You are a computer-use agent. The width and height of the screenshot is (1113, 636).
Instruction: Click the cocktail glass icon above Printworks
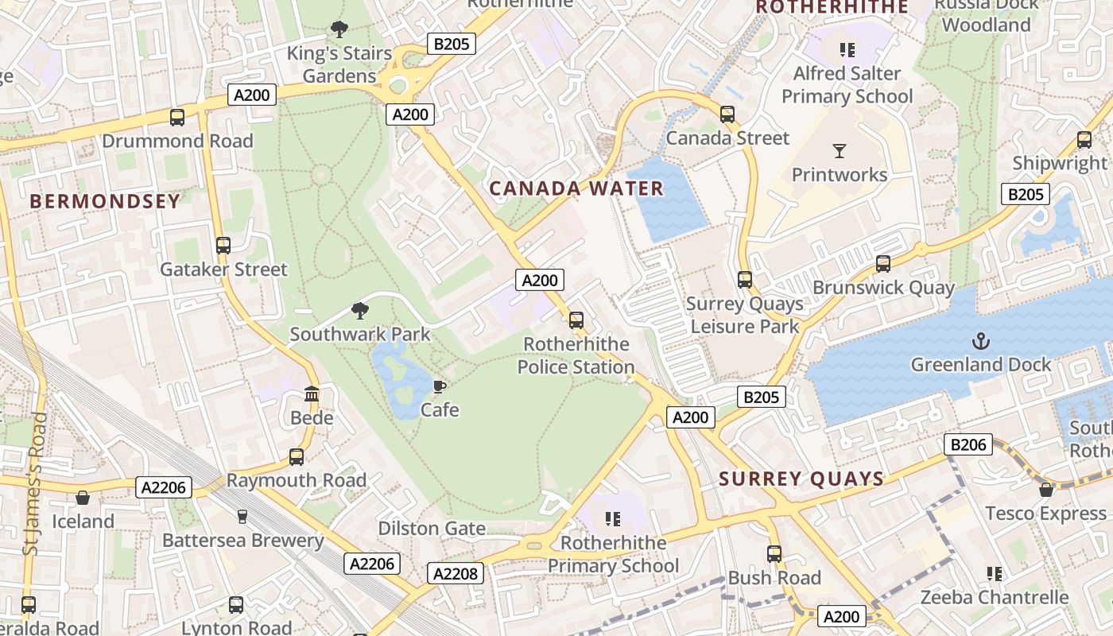(x=839, y=150)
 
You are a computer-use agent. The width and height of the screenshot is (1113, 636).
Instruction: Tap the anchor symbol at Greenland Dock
(x=981, y=341)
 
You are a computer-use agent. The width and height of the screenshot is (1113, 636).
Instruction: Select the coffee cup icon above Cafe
(x=439, y=386)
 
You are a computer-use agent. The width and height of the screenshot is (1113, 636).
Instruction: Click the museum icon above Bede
(x=312, y=394)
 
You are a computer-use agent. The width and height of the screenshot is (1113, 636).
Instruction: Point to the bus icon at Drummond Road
(x=177, y=118)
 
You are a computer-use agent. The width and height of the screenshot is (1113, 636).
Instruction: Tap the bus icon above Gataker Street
(x=223, y=246)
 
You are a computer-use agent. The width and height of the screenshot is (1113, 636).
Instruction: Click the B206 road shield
(x=968, y=444)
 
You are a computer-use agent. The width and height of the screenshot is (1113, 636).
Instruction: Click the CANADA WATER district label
(x=576, y=188)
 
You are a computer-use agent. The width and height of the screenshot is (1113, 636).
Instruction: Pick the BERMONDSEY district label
(x=105, y=201)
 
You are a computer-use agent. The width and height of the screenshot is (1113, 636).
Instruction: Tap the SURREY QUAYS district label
(x=801, y=479)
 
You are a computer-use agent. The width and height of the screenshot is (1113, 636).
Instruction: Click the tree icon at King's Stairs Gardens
(x=339, y=30)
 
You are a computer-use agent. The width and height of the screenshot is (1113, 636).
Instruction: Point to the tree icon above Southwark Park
(x=360, y=310)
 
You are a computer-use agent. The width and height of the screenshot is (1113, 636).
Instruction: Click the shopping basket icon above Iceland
(x=83, y=498)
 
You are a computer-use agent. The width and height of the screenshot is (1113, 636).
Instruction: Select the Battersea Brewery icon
(x=242, y=517)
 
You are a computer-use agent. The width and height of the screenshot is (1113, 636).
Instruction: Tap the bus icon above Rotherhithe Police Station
(x=576, y=320)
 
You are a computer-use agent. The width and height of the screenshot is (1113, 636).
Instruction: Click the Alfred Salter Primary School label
(x=847, y=85)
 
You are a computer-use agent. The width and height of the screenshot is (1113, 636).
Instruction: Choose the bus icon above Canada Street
(x=727, y=114)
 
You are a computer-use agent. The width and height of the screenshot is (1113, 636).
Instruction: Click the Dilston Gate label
(x=431, y=529)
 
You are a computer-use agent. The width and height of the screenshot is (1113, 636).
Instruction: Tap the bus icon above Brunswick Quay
(x=883, y=264)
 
